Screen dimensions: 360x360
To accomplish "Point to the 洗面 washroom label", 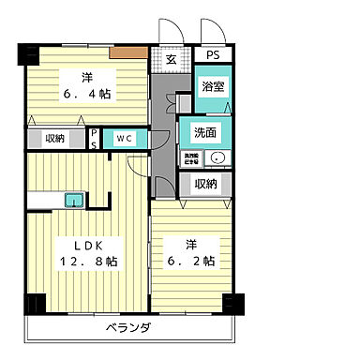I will point(205,132).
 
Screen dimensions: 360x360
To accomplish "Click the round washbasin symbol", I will point(217,157).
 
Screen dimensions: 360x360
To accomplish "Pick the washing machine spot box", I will point(191,157).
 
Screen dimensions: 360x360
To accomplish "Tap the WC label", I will point(125,139).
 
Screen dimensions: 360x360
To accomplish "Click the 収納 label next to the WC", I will point(53,139).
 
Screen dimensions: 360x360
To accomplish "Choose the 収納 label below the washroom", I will point(207,185).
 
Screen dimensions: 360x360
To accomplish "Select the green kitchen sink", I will point(73,199).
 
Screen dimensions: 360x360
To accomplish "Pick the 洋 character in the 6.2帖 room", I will point(190,244).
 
